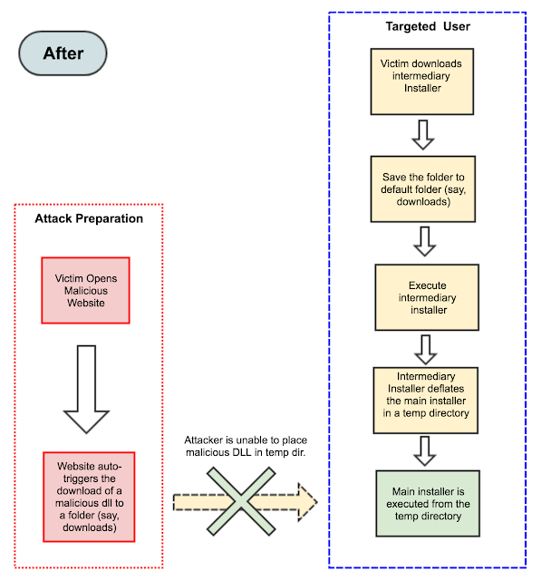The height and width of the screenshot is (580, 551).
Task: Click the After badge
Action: pyautogui.click(x=63, y=53)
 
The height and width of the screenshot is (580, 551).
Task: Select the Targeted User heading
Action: pyautogui.click(x=428, y=26)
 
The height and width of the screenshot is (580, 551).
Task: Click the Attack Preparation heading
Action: pyautogui.click(x=89, y=218)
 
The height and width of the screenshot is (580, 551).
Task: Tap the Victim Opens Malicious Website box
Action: pyautogui.click(x=87, y=290)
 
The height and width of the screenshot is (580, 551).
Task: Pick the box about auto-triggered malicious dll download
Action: pyautogui.click(x=89, y=497)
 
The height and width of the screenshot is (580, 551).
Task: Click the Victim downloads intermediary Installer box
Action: pyautogui.click(x=421, y=76)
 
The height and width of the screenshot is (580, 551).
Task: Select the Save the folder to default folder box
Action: pyautogui.click(x=422, y=188)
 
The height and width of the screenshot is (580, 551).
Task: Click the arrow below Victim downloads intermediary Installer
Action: pyautogui.click(x=422, y=133)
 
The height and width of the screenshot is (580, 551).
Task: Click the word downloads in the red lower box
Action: pyautogui.click(x=90, y=527)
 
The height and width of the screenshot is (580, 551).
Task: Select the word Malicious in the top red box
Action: pyautogui.click(x=87, y=290)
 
